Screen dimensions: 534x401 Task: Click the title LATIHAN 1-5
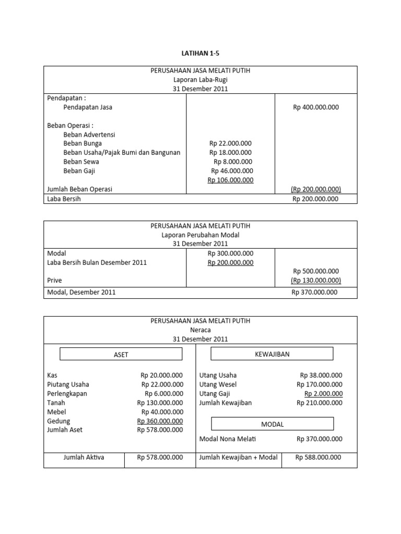200,53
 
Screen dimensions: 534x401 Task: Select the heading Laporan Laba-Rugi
200,80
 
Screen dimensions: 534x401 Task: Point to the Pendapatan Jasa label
88,107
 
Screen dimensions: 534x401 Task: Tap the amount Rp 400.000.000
316,107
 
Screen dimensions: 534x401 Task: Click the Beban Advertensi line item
89,135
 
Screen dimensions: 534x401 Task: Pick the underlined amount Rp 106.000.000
230,180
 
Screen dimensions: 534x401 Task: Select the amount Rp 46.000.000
232,171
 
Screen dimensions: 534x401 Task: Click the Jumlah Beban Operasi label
80,189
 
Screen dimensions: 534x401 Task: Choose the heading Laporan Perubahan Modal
200,235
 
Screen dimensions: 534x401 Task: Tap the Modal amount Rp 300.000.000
230,253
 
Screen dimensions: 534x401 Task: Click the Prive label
55,281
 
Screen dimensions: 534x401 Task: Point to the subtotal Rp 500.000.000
316,271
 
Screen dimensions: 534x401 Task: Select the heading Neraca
200,330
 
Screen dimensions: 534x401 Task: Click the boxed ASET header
121,355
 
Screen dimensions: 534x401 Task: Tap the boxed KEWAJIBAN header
272,354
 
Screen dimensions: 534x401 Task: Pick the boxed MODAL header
272,424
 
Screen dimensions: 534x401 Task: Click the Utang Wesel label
218,385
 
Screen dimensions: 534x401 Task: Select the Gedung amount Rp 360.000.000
160,421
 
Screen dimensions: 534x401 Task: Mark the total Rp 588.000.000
318,457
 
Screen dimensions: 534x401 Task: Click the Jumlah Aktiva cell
84,457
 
